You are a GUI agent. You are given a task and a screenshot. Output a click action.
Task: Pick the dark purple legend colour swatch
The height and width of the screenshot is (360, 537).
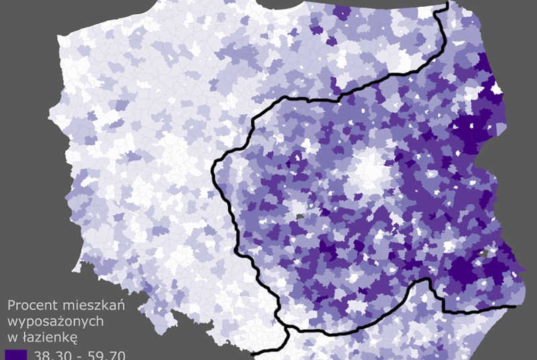[x=15, y=354]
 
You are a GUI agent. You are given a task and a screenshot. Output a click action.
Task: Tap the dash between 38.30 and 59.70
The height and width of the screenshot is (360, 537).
[x=79, y=355]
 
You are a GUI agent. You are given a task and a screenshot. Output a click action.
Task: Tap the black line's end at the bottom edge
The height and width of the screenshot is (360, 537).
[x=252, y=353]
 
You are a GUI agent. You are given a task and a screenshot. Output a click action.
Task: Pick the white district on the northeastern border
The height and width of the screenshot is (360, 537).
[x=497, y=88]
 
